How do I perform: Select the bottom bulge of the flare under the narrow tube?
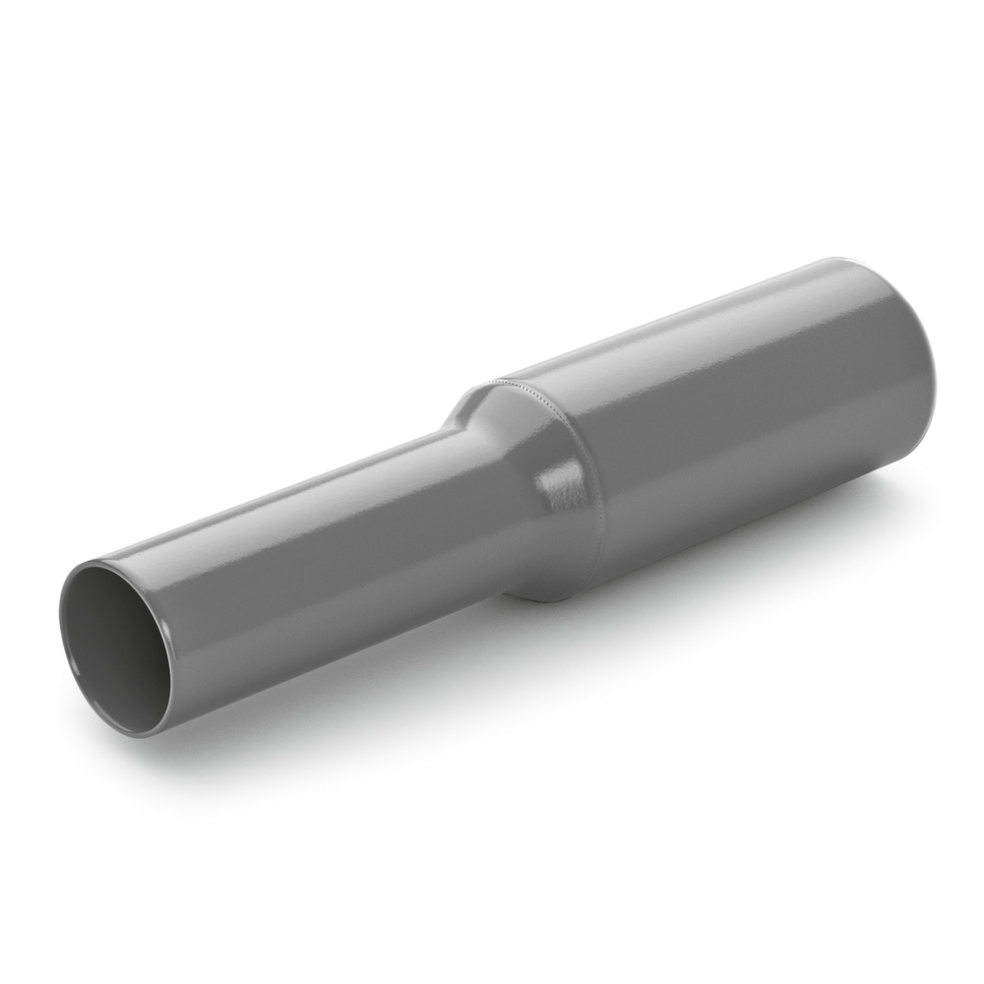[541, 593]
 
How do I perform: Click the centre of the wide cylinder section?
[748, 433]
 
